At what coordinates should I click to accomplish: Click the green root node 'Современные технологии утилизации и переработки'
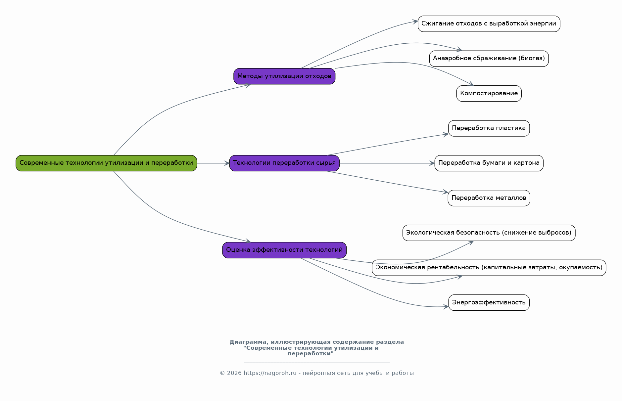[x=106, y=163]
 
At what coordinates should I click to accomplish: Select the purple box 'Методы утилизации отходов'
[x=284, y=76]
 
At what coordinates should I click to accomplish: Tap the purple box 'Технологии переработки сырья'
[x=284, y=163]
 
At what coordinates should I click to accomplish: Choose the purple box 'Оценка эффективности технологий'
[x=284, y=250]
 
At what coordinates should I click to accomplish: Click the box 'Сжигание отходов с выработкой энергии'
[x=489, y=24]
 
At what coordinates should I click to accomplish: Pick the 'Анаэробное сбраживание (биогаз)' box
[x=489, y=59]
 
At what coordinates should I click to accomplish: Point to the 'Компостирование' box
[x=489, y=94]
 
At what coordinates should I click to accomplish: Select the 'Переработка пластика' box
[x=489, y=128]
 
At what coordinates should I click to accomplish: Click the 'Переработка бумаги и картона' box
[x=489, y=163]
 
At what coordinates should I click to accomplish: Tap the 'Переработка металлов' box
[x=489, y=198]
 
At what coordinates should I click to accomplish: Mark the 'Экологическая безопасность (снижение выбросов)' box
[x=489, y=233]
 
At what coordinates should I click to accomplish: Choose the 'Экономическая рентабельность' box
[x=489, y=268]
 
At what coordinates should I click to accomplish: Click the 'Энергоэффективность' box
[x=489, y=302]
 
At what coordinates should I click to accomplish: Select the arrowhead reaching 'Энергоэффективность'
[x=446, y=307]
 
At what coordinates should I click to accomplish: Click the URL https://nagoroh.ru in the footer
[x=270, y=373]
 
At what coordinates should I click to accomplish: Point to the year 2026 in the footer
[x=234, y=373]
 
